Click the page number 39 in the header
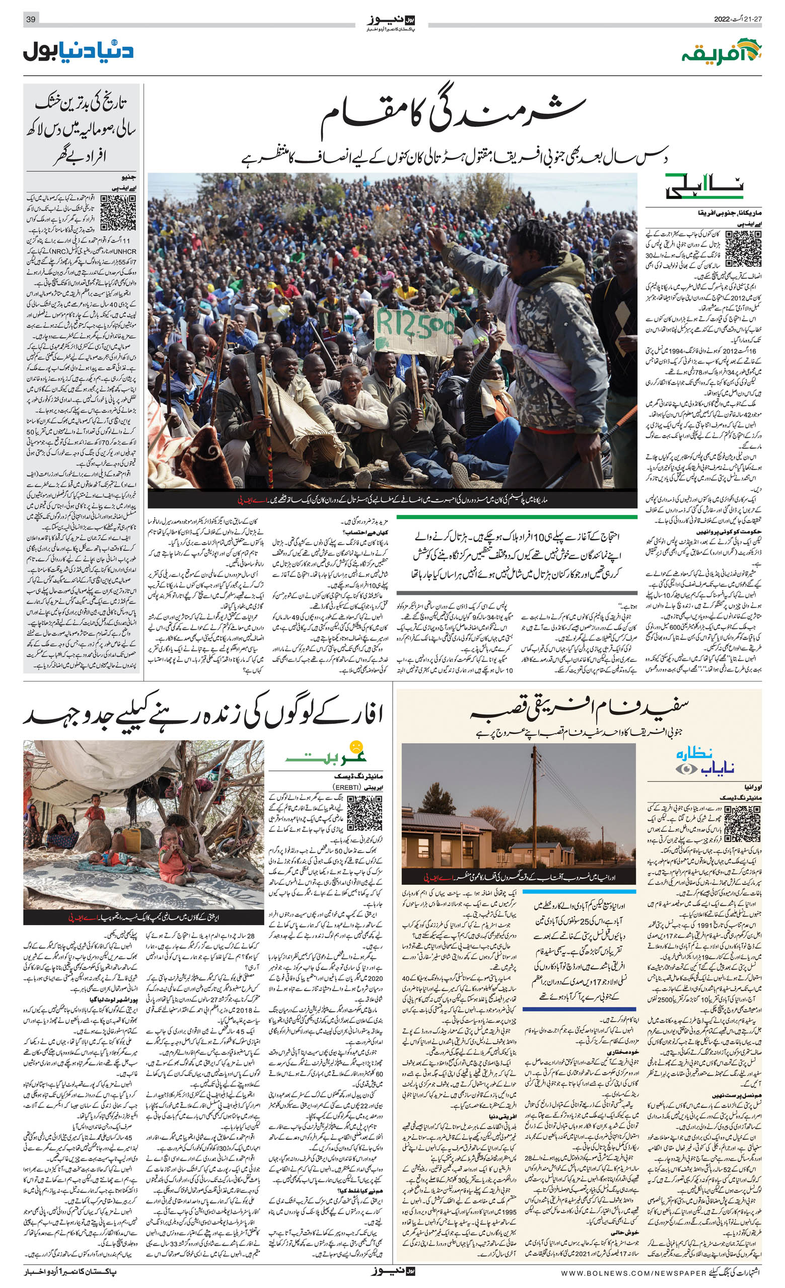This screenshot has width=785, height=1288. tap(30, 20)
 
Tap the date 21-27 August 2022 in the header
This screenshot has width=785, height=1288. tap(738, 20)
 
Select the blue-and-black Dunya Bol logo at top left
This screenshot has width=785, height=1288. tap(79, 51)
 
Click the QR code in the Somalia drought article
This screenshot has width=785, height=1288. tap(118, 213)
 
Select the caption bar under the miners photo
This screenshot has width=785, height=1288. tap(392, 500)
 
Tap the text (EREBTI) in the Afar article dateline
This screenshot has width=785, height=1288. tap(347, 787)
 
